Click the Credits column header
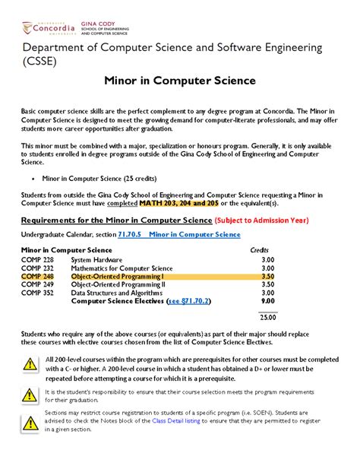260,250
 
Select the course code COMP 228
37,259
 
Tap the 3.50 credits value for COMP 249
267,287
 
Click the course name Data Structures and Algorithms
118,296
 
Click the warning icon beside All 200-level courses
30,363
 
